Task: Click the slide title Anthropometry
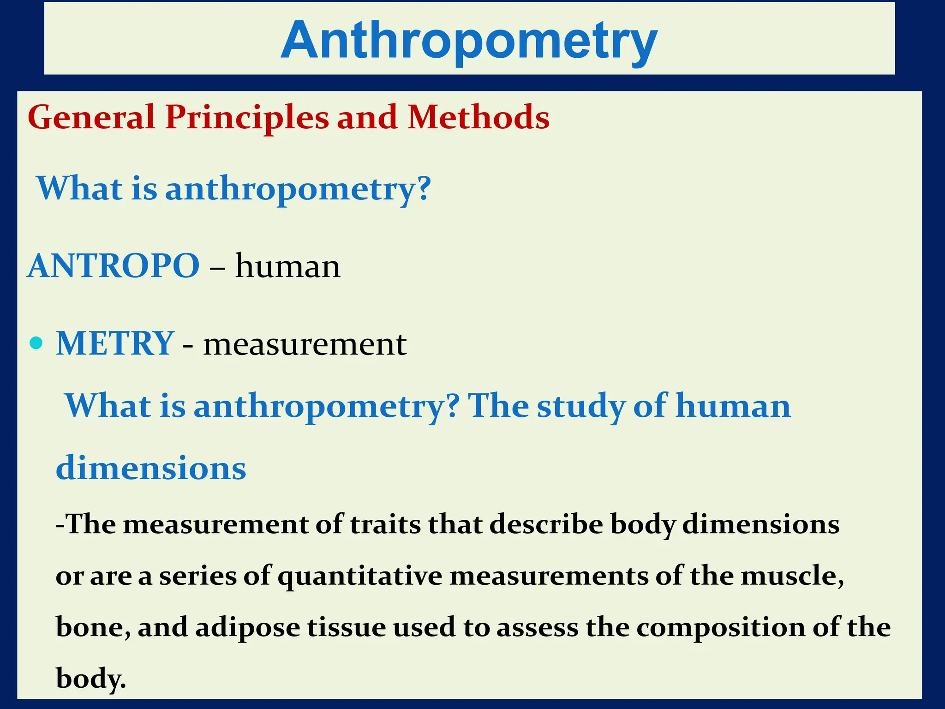tap(469, 41)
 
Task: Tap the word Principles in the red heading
tap(247, 117)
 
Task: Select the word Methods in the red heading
tap(478, 117)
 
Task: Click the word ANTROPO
tap(114, 266)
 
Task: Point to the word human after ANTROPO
tap(288, 266)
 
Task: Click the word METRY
tap(115, 344)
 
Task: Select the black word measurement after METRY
tap(305, 345)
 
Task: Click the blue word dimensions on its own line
tap(151, 468)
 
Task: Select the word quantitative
tap(359, 577)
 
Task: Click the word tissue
tap(346, 628)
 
